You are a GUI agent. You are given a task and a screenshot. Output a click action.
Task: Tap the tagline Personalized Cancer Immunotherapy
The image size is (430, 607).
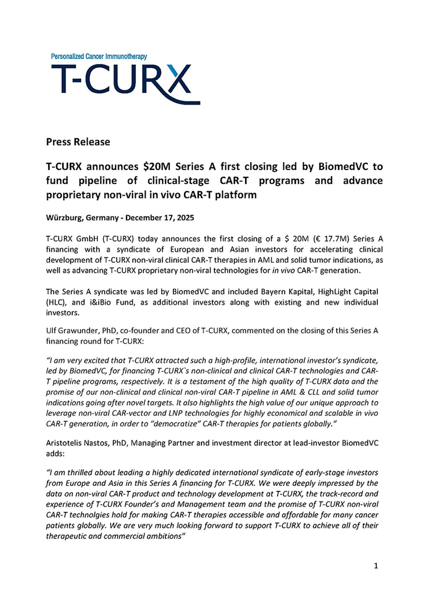[99, 57]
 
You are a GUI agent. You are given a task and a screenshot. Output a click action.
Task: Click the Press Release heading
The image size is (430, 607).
[78, 142]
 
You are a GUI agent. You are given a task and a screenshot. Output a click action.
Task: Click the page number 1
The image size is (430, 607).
[376, 566]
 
